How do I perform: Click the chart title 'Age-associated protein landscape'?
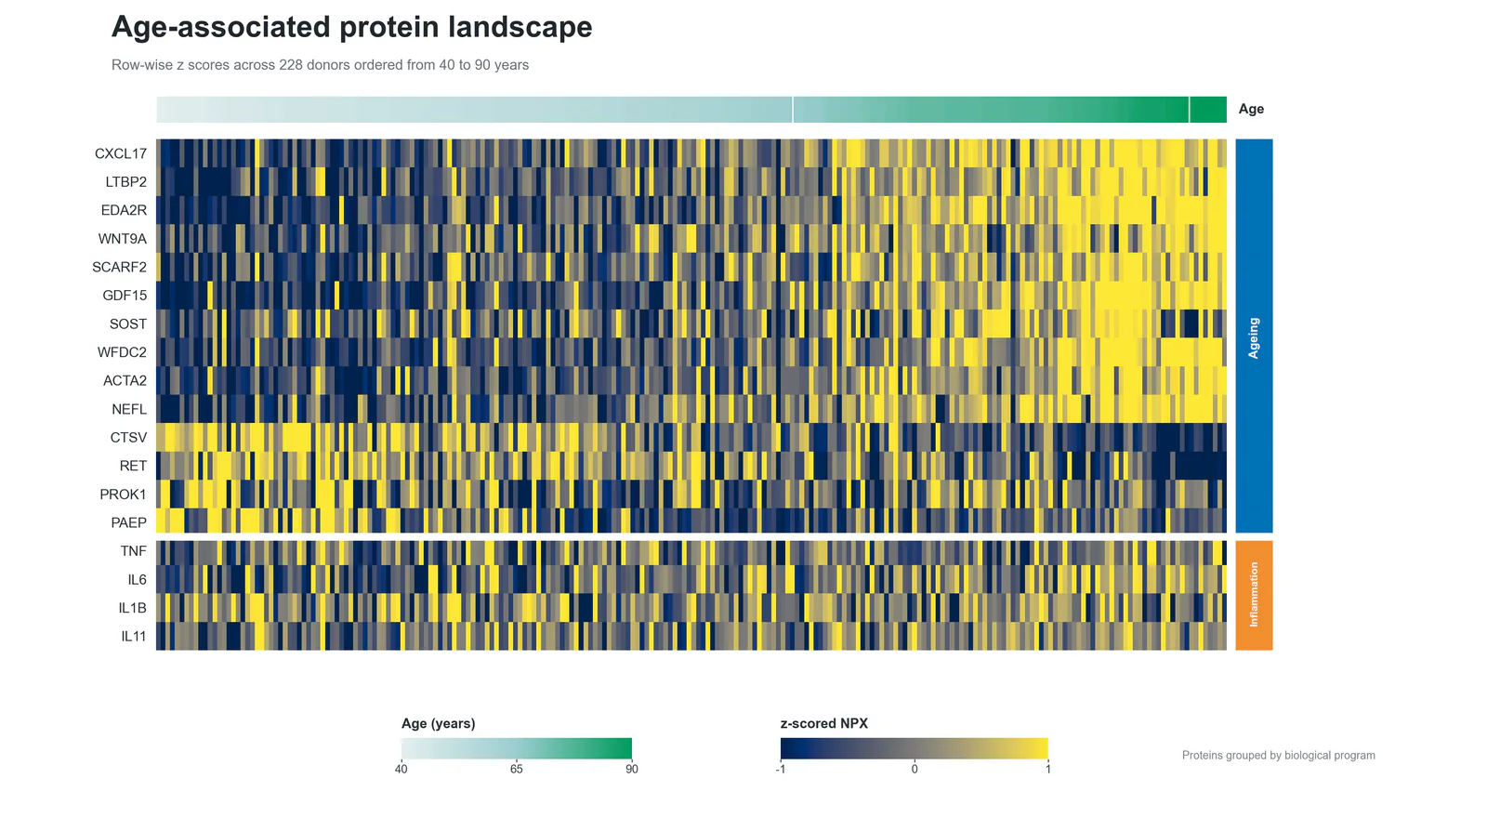pos(352,28)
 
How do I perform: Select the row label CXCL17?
pos(121,154)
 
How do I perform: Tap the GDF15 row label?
pos(125,296)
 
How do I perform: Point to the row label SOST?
pos(128,324)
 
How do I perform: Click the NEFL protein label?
pos(129,409)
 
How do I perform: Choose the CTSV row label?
pos(129,438)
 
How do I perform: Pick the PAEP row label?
pos(129,522)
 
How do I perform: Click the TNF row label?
pos(134,551)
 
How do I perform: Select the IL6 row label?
pos(138,580)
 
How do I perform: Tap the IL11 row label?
pos(134,636)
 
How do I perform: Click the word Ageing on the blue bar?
pos(1254,338)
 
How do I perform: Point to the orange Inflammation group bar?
pos(1254,595)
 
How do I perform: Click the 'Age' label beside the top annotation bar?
pos(1251,109)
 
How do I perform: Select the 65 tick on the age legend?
pos(517,769)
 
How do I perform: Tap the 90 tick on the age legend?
pos(631,769)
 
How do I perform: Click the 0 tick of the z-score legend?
pos(915,769)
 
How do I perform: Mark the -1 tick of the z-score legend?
pos(781,769)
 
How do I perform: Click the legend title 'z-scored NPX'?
pos(823,724)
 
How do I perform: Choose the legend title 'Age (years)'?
pos(438,724)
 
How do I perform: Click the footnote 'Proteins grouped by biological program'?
pos(1279,756)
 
